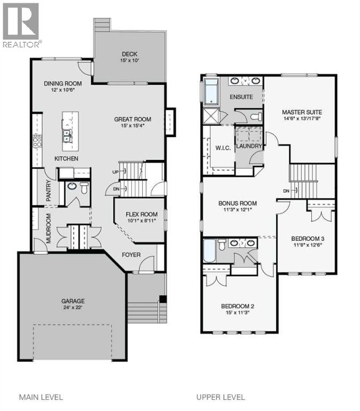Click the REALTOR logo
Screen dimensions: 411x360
[21, 24]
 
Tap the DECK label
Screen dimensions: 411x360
[129, 54]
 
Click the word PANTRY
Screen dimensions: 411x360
[48, 191]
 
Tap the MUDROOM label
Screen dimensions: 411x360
[48, 229]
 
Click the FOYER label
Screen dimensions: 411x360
[131, 255]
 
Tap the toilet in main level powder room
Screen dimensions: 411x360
[84, 188]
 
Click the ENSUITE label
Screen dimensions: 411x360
[241, 97]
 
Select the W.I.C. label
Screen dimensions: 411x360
[223, 148]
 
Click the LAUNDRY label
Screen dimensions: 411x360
[249, 146]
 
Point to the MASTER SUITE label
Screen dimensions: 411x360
[302, 112]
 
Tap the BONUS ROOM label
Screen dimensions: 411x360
[238, 203]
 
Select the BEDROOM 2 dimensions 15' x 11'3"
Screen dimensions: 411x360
[238, 314]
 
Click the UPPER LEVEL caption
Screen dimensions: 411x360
[220, 397]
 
